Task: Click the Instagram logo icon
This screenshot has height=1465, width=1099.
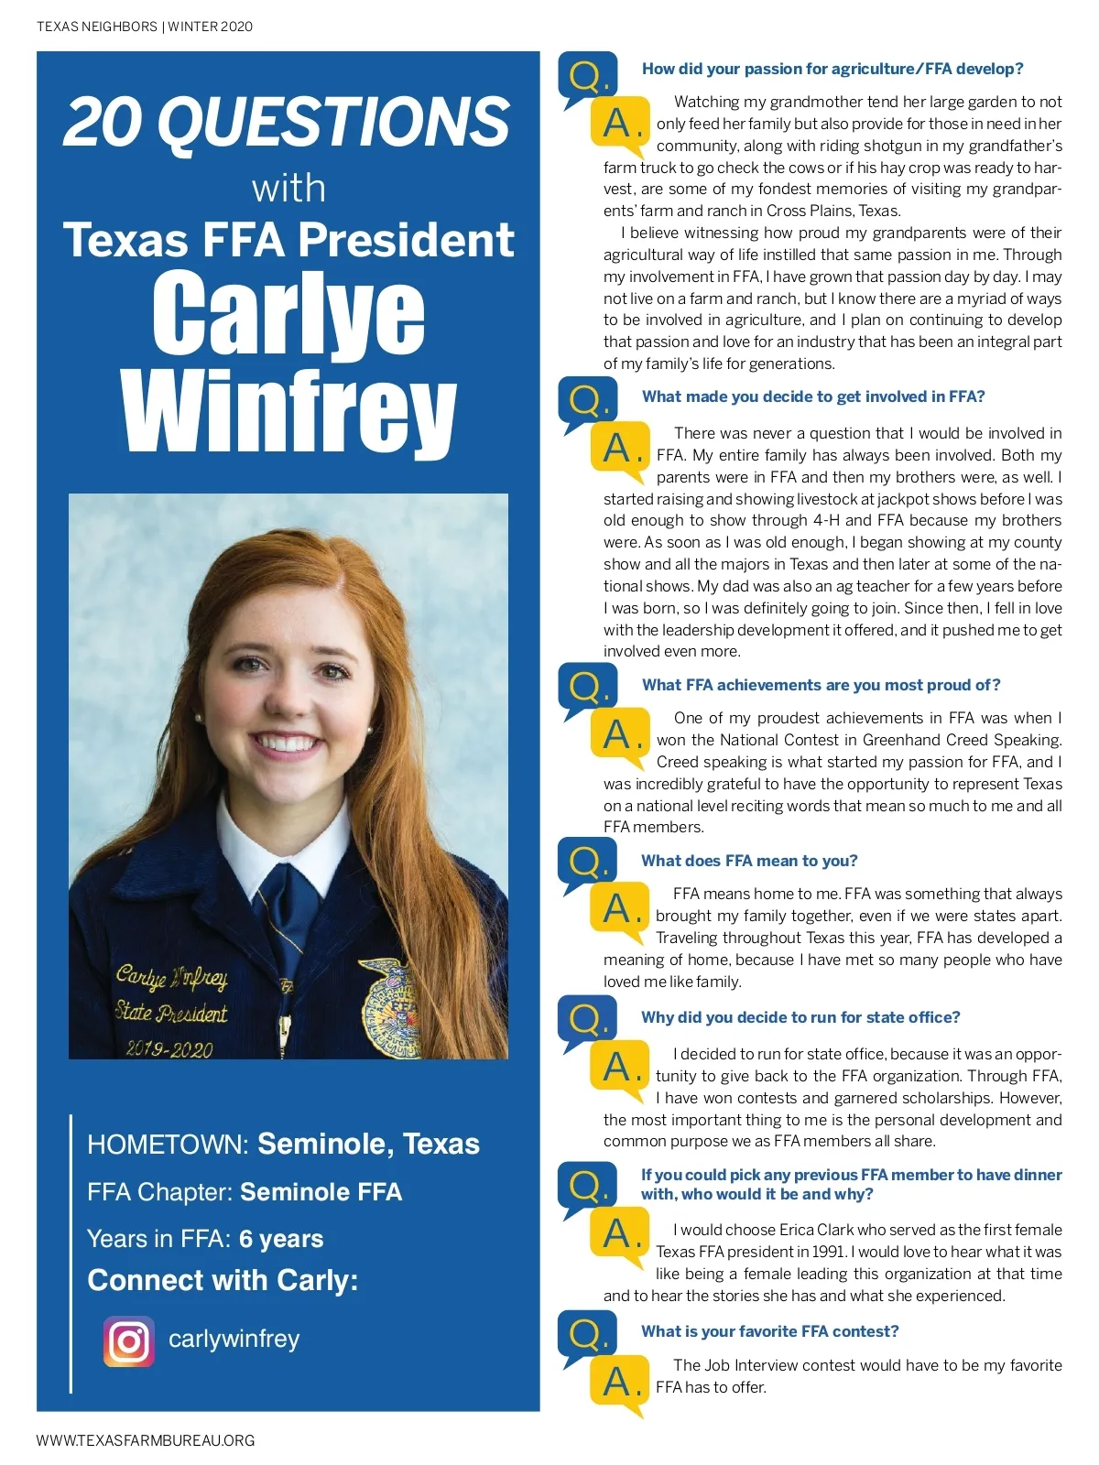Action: tap(128, 1341)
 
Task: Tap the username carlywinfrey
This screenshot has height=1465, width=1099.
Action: tap(234, 1339)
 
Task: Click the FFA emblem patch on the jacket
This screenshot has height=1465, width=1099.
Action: tap(389, 1007)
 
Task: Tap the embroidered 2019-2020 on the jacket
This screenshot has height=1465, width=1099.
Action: tap(169, 1047)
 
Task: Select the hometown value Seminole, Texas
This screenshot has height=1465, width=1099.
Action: tap(368, 1144)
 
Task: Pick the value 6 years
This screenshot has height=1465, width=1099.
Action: tap(281, 1239)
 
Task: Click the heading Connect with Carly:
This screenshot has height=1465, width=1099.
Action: tap(223, 1280)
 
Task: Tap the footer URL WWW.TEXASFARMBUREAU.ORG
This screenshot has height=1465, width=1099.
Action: tap(146, 1440)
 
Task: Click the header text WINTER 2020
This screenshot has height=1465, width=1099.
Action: tap(210, 27)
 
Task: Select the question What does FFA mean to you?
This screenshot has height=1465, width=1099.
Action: tap(749, 861)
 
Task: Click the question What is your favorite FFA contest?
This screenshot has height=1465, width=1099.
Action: tap(769, 1331)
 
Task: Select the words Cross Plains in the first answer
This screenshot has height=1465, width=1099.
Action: tap(810, 211)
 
